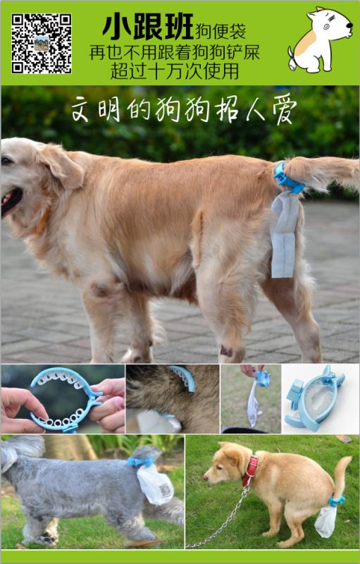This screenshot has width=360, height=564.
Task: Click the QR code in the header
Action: pos(42,43)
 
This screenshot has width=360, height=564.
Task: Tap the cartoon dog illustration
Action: pos(320,39)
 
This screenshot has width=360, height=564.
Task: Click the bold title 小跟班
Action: pos(148,27)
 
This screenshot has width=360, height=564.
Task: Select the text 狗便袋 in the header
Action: pos(221,32)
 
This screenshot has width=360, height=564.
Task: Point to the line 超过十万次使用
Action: pos(175,71)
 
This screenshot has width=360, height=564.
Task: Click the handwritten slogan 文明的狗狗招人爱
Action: pos(184,109)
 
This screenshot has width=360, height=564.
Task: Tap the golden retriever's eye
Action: pos(6,161)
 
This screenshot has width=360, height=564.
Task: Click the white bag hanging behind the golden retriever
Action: pos(285,235)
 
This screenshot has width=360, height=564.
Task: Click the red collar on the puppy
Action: pos(250,470)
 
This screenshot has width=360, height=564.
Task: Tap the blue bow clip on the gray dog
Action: pos(139,462)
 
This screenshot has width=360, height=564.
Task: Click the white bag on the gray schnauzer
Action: pos(155,484)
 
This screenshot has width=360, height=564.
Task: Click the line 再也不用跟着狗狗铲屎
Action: pos(175,52)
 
